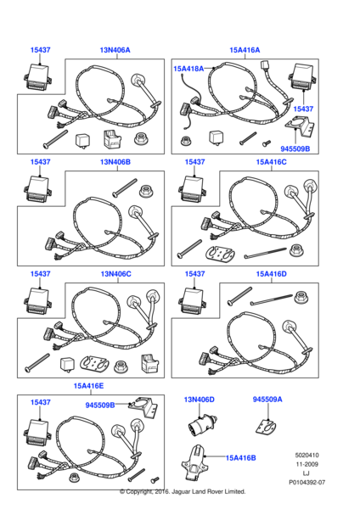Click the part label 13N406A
(x=115, y=50)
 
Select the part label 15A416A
(x=245, y=50)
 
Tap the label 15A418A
(x=188, y=69)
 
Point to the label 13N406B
(x=115, y=162)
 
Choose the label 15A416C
(x=272, y=162)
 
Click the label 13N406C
(x=115, y=274)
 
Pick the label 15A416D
(x=272, y=274)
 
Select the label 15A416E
(x=88, y=386)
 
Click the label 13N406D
(x=200, y=400)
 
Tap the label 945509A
(x=267, y=400)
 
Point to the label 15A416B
(x=241, y=458)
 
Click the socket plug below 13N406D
(x=203, y=423)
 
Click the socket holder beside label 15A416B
(x=195, y=462)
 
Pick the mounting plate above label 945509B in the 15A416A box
(x=299, y=126)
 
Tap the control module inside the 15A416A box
(x=303, y=76)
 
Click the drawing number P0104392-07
(x=307, y=483)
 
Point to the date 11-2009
(x=307, y=464)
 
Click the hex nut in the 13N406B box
(x=146, y=191)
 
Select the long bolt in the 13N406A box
(x=55, y=138)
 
